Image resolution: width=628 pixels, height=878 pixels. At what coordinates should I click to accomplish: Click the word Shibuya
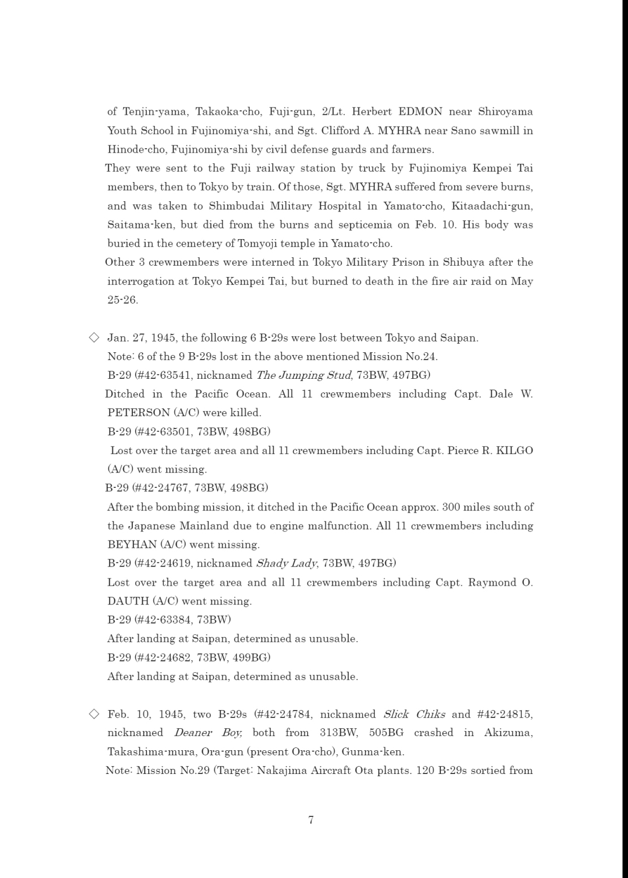click(462, 262)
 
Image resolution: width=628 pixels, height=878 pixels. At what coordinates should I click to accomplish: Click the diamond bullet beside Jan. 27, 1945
click(94, 338)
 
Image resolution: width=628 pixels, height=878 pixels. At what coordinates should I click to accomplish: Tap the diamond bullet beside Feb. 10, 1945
click(94, 713)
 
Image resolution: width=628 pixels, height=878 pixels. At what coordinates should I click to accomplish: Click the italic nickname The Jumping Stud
click(304, 375)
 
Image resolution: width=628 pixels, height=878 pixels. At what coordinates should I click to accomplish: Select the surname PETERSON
click(138, 413)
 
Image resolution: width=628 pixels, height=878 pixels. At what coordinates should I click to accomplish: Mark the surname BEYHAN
click(132, 545)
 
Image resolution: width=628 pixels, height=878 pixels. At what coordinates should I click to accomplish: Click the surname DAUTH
click(128, 601)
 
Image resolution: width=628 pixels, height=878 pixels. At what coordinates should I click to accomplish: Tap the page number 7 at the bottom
click(311, 820)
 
